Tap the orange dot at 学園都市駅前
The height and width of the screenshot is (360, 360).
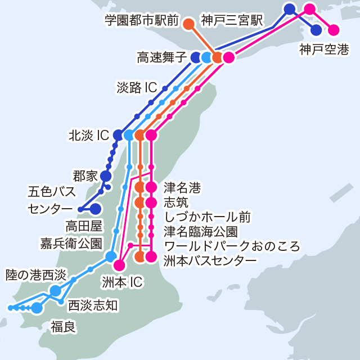(189, 24)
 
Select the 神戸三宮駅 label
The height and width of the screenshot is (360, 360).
(232, 21)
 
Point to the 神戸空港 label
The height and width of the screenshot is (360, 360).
(323, 49)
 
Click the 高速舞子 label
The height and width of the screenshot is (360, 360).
(161, 57)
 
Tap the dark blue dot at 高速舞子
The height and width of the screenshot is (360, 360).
(196, 57)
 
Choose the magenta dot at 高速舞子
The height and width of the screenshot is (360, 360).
(228, 57)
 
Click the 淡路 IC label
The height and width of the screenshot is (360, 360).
(137, 88)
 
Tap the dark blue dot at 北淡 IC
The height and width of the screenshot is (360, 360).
(118, 135)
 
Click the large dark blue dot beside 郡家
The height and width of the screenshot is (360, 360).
(106, 176)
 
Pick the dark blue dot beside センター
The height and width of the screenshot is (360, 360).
(96, 209)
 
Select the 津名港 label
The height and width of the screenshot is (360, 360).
(182, 186)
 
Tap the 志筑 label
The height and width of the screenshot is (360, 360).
(176, 201)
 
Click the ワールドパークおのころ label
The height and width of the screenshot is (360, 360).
(232, 246)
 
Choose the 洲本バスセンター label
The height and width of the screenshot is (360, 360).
(210, 260)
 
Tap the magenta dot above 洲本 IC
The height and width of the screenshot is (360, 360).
(119, 264)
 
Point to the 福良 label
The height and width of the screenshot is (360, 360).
(63, 326)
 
